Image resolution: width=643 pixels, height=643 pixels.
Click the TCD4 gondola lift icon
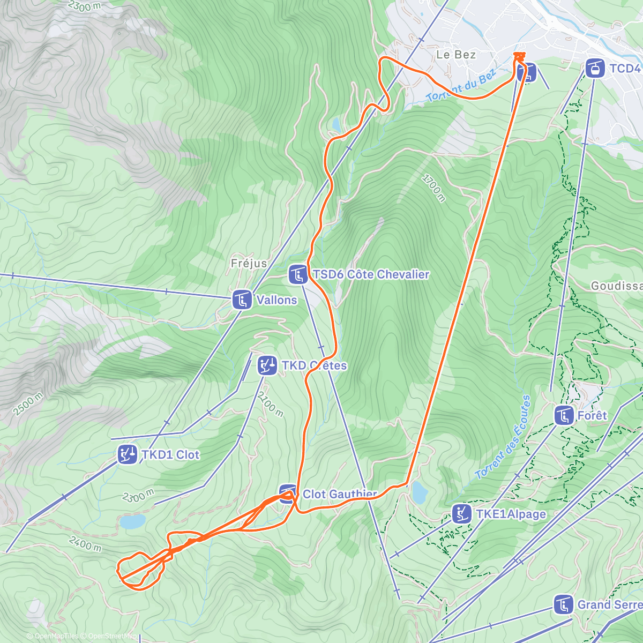point(595,69)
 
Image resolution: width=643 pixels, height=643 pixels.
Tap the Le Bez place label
point(456,55)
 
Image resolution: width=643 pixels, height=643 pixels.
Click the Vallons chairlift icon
point(242,300)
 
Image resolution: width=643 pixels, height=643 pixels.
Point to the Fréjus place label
point(249,263)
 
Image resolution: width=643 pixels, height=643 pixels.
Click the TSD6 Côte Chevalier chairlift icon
point(298,274)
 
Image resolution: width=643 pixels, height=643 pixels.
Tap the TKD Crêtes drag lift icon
point(266,365)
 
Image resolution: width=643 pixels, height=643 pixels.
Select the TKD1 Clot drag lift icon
point(128,454)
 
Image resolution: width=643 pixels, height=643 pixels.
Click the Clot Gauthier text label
point(340,494)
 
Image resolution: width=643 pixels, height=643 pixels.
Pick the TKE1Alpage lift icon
point(461,514)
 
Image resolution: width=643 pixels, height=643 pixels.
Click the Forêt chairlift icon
point(564,415)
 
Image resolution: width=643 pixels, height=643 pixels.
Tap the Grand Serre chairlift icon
point(563,604)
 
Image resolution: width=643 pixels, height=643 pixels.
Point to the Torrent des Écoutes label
point(503,437)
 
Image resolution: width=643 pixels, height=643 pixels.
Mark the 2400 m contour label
point(85,544)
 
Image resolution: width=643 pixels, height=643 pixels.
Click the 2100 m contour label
point(270,405)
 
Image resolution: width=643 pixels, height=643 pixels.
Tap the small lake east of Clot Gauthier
point(418,491)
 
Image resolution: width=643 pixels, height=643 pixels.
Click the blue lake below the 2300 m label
point(132,521)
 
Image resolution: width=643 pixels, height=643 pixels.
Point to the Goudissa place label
point(616,286)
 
